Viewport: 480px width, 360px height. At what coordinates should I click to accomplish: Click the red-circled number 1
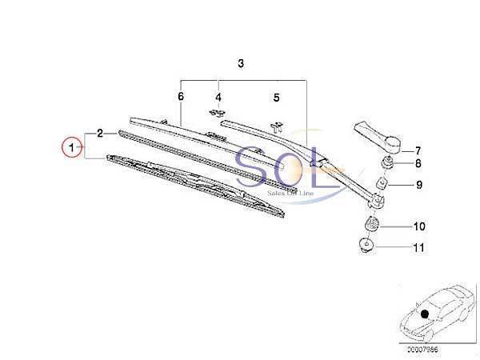73,148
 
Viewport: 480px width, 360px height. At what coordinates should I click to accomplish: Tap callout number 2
100,133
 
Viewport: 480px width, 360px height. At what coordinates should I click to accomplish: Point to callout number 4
218,99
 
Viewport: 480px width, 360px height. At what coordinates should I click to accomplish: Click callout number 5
276,98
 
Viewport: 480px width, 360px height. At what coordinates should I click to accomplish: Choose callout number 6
181,97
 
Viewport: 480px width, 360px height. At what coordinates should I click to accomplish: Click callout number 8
418,166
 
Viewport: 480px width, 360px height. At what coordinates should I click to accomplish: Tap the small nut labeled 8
386,166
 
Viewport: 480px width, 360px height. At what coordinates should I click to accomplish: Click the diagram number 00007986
422,348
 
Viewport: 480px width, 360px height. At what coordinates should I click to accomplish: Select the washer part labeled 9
382,187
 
